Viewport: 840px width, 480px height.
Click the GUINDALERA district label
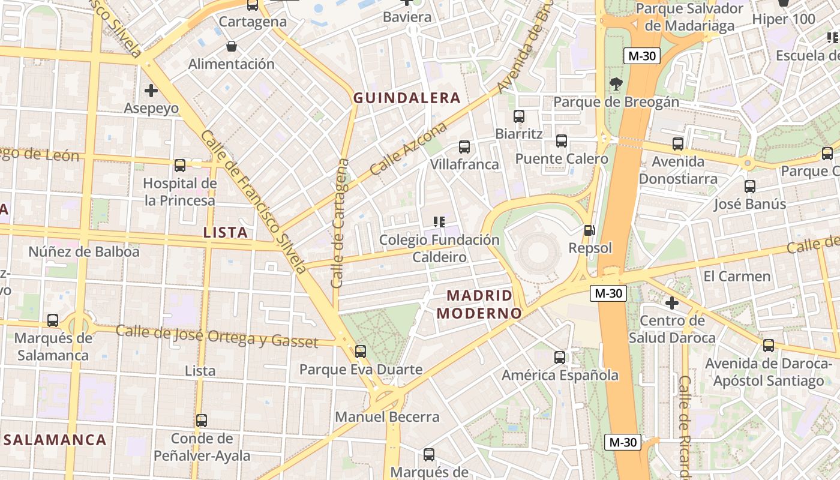[407, 98]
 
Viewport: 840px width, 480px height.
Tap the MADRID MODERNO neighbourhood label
[479, 304]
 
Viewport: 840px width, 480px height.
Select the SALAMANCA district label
[55, 440]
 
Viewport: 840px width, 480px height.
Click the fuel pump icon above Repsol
[590, 230]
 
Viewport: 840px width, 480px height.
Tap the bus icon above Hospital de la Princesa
[180, 166]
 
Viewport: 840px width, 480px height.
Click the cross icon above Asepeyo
[151, 91]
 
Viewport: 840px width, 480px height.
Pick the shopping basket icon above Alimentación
[231, 46]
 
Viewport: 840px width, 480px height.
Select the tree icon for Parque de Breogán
[616, 84]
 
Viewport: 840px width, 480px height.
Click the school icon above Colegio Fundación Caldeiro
[439, 222]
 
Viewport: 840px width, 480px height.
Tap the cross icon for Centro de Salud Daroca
[672, 303]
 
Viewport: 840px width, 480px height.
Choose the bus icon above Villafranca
[464, 146]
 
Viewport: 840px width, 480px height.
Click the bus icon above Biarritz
[519, 116]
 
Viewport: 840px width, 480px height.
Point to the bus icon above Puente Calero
[562, 141]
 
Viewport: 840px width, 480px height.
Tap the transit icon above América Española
[560, 358]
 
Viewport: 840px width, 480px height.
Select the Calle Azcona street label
[408, 149]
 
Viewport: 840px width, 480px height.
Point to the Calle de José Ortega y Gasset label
[217, 336]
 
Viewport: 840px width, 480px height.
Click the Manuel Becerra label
[387, 416]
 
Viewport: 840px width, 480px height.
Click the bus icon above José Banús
[749, 187]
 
